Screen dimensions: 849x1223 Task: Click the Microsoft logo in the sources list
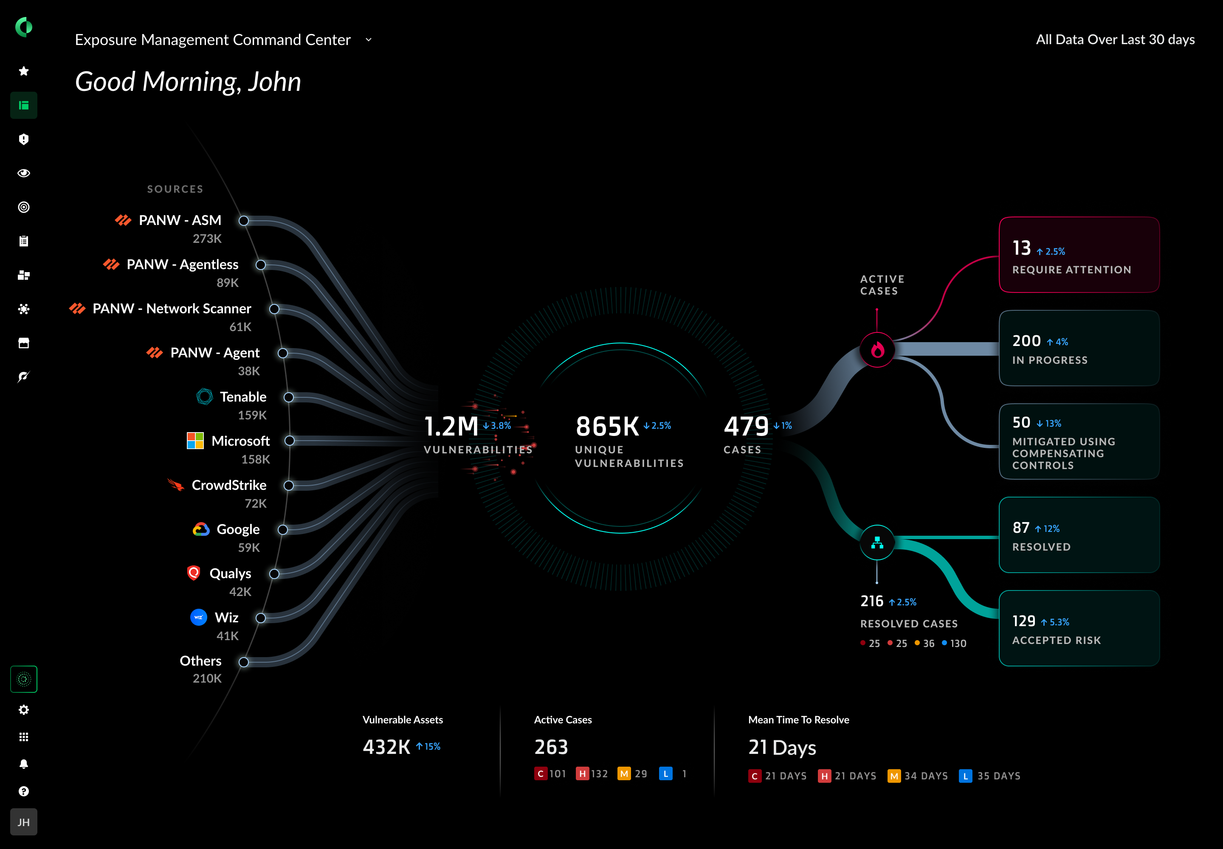point(195,441)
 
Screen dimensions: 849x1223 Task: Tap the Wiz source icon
point(198,617)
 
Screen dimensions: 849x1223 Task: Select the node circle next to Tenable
point(288,397)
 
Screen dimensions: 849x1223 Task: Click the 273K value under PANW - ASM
point(207,238)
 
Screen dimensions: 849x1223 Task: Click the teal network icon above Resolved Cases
point(877,543)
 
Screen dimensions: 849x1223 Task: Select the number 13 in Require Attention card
point(1021,248)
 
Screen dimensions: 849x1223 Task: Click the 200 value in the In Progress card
point(1026,340)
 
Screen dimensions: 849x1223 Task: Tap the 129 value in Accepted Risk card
point(1023,621)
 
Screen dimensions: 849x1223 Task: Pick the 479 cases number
point(746,426)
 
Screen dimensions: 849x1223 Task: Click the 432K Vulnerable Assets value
point(386,747)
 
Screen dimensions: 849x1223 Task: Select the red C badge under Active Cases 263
point(540,773)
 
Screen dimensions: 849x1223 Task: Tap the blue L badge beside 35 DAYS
point(965,776)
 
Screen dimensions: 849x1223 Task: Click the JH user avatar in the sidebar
point(24,822)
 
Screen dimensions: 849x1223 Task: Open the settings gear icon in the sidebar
point(24,710)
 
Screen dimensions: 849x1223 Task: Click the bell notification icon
point(24,764)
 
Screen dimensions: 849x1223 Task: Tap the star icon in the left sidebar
point(24,71)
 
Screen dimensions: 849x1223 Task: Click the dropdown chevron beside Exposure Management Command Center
point(368,40)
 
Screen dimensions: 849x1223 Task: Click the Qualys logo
point(194,572)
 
